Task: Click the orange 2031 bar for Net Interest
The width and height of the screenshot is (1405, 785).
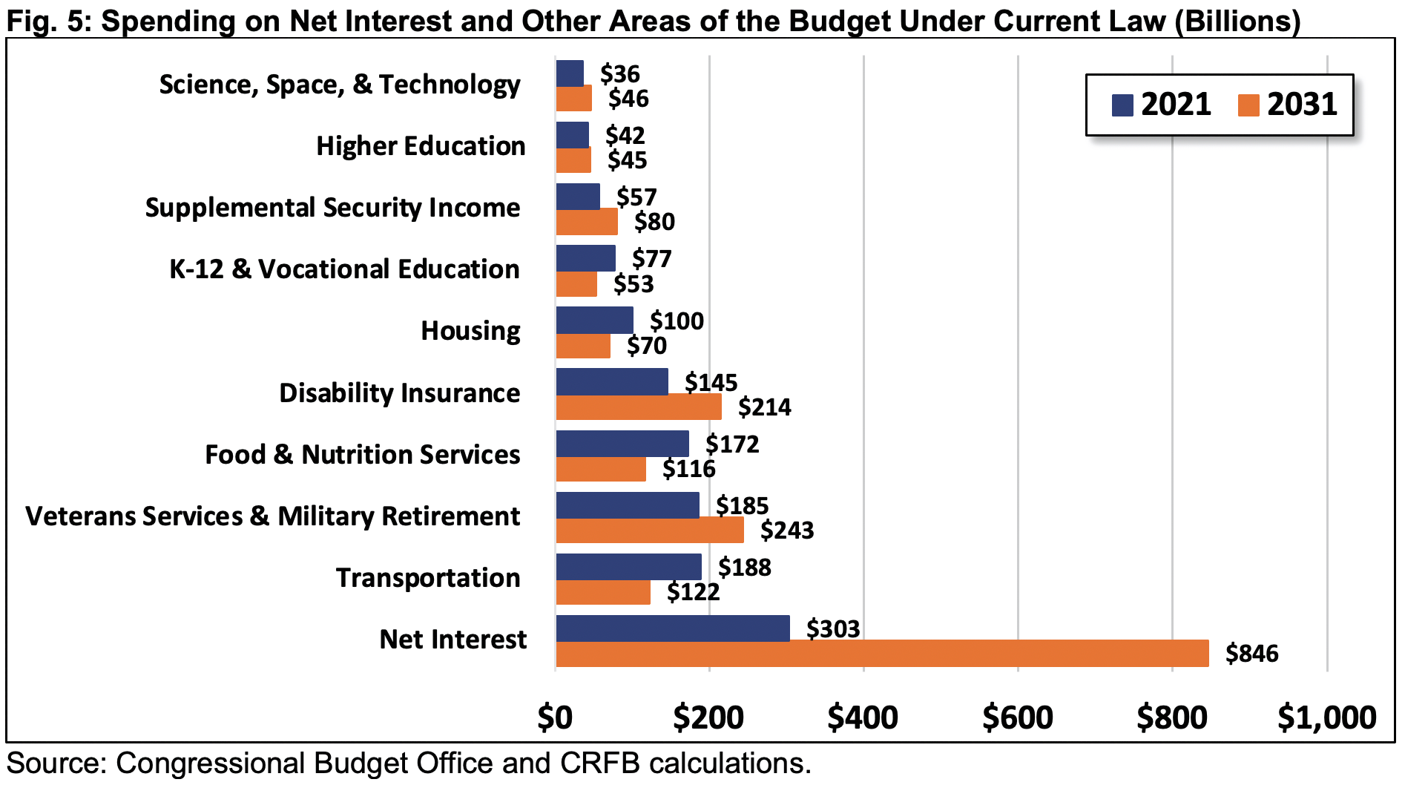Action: point(881,654)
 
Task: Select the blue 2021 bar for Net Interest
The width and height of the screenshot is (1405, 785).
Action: point(672,628)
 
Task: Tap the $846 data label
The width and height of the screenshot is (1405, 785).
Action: point(1251,654)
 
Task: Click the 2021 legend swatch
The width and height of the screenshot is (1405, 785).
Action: point(1122,105)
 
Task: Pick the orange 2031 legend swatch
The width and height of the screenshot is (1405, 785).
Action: point(1248,105)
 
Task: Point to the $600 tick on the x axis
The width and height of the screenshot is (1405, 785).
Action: point(1018,717)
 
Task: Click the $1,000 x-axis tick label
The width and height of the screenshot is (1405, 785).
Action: point(1326,717)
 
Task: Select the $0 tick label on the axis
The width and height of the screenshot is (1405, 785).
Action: point(555,717)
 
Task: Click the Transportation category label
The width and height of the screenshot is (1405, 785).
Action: point(428,578)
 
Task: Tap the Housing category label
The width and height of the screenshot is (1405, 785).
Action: point(470,331)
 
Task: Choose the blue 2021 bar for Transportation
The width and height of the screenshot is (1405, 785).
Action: point(628,567)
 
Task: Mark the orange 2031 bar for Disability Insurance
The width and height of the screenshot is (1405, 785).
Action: point(638,407)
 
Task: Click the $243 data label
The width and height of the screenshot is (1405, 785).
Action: point(786,531)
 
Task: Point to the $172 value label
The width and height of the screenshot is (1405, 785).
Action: point(732,444)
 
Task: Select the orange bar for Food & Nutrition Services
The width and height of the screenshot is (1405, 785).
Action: point(600,469)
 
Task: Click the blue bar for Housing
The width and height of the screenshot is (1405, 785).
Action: point(594,321)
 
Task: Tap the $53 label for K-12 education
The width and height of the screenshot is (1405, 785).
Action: point(633,284)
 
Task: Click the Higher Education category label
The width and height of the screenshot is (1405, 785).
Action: point(421,146)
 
